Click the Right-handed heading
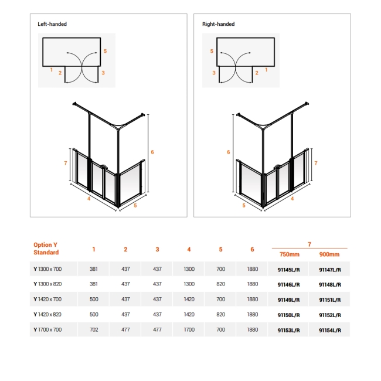218,24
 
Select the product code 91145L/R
288,268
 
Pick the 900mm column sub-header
329,254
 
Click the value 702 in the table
94,330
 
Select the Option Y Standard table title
46,249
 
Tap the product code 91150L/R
288,315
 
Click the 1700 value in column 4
189,330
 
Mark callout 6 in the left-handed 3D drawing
152,152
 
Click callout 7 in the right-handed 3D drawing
316,164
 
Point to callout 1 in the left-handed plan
52,70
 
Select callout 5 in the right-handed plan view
212,52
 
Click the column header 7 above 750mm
309,243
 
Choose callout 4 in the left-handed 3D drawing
88,198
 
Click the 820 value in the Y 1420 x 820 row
220,315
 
